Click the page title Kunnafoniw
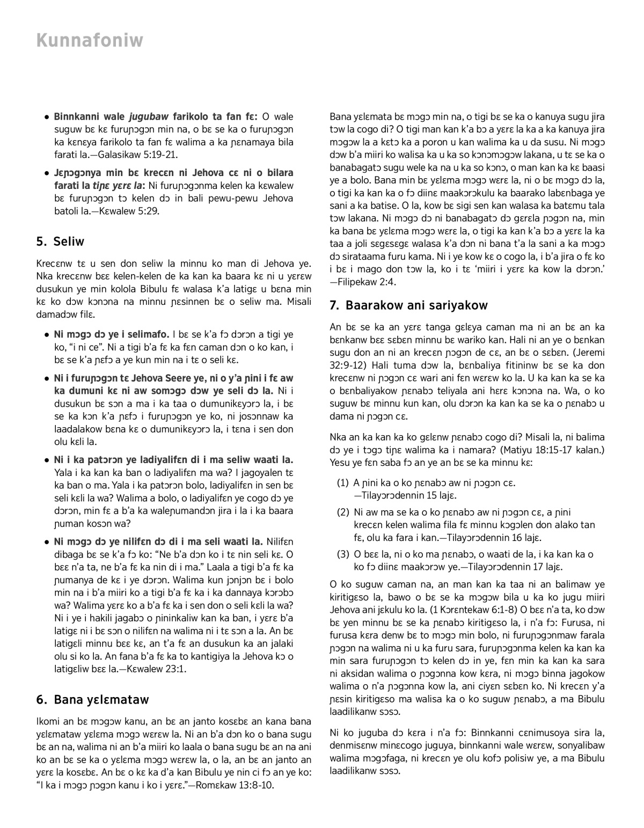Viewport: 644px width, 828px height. [x=90, y=40]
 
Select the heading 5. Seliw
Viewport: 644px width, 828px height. [x=61, y=241]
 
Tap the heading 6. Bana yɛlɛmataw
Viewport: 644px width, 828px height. [x=93, y=700]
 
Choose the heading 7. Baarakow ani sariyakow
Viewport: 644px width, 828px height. [x=408, y=306]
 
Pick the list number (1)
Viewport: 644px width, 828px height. [x=343, y=483]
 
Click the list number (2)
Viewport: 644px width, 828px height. [x=343, y=512]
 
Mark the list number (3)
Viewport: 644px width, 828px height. [x=343, y=554]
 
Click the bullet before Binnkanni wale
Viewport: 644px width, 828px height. [x=47, y=117]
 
